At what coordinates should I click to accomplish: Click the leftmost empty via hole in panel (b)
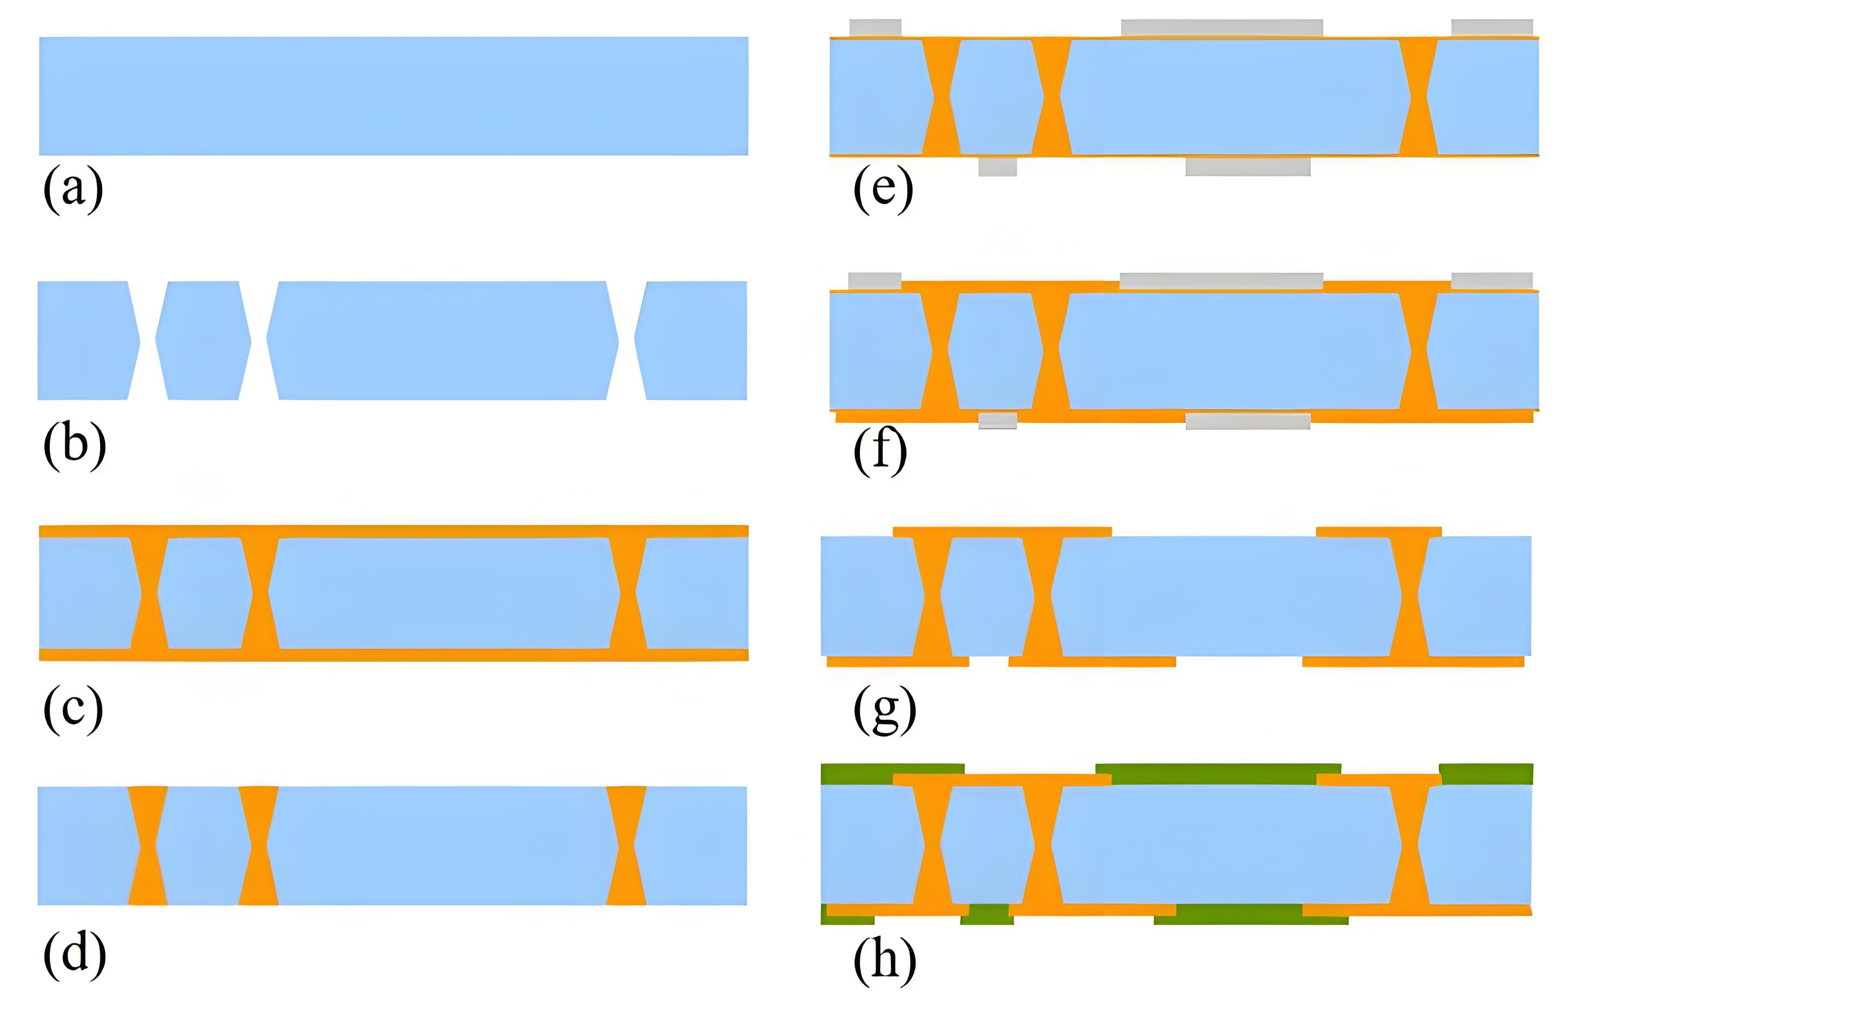coord(148,340)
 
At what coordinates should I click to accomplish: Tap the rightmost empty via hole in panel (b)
coord(626,340)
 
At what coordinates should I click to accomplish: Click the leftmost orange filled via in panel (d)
coord(148,845)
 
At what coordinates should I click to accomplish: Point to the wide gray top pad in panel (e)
coord(1221,28)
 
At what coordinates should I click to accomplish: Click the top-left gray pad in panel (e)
coord(875,28)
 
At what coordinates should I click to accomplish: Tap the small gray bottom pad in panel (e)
coord(998,167)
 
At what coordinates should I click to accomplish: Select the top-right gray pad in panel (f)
coord(1492,281)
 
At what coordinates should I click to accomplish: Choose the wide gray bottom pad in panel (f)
coord(1247,421)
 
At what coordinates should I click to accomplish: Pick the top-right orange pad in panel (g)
coord(1378,532)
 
